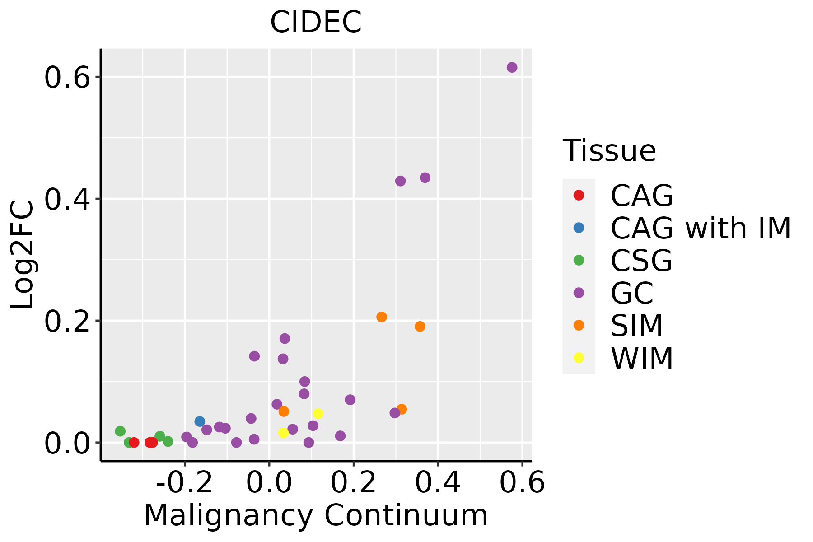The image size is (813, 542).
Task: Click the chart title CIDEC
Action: coord(316,22)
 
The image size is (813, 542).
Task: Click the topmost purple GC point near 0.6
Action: coord(512,67)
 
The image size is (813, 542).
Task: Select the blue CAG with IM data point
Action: coord(200,421)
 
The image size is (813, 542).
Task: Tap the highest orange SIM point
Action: coord(382,317)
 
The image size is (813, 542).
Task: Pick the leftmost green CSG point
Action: coord(120,431)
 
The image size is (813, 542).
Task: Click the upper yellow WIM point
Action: coord(318,414)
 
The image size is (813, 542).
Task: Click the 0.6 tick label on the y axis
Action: coord(65,77)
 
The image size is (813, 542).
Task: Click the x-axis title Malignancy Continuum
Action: coord(316,515)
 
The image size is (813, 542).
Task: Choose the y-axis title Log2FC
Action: coord(23,255)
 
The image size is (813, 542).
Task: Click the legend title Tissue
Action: coord(609,151)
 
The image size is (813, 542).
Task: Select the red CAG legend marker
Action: coord(579,195)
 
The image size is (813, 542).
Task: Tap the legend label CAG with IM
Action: coord(701,228)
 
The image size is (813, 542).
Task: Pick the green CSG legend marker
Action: coord(579,260)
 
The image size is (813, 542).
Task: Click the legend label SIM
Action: coord(636,326)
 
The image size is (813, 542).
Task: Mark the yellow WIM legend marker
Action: coord(579,358)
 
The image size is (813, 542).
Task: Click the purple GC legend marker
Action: coord(579,293)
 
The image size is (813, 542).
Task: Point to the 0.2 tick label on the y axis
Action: coord(65,321)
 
